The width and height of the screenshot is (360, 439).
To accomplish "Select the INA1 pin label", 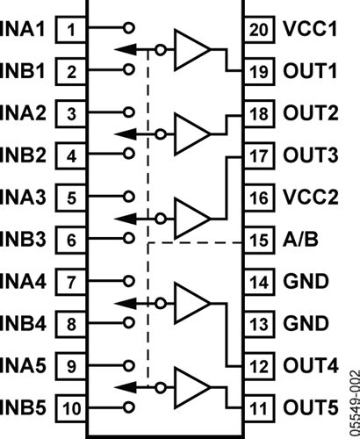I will coord(27,29).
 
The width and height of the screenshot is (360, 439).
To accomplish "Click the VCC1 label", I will coord(312,29).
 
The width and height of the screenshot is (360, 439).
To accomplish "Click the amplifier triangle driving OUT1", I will coord(191,49).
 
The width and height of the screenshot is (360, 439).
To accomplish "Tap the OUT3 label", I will coord(313,155).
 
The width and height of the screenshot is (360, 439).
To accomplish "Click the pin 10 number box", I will coord(72,407).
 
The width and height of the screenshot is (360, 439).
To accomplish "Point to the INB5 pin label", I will coord(27,407).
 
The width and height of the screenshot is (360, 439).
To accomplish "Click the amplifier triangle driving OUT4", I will coord(191,302).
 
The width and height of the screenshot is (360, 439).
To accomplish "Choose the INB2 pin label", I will coord(27,155).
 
